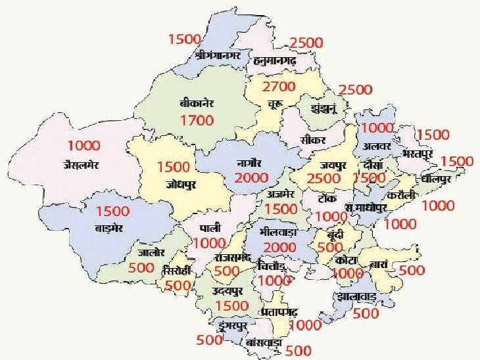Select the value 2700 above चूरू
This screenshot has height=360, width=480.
(x=279, y=87)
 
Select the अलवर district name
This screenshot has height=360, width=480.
(x=372, y=146)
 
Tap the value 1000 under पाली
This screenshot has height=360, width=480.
(x=210, y=242)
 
